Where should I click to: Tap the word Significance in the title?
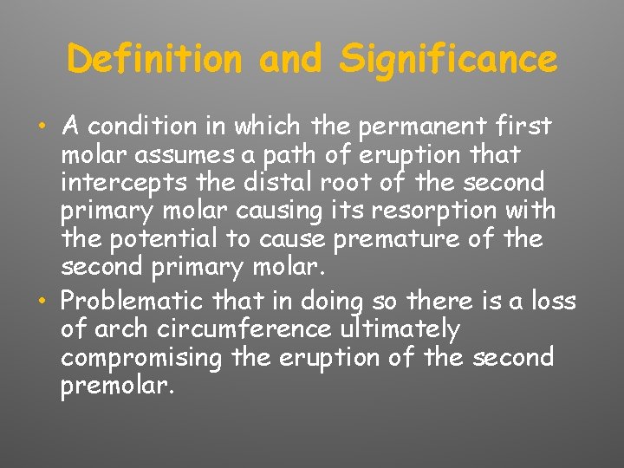tap(449, 59)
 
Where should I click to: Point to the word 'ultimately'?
tap(400, 329)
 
